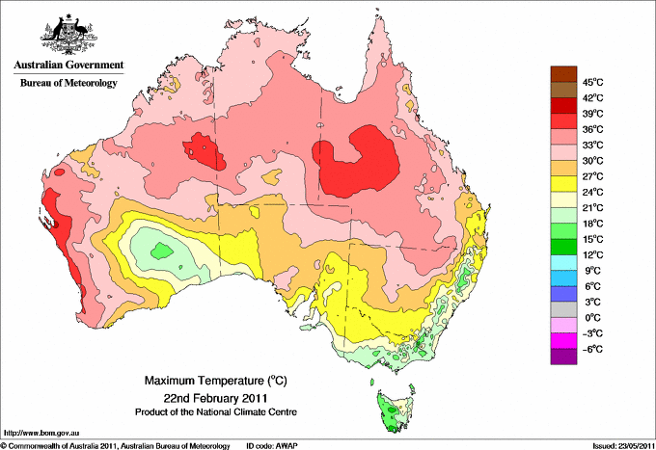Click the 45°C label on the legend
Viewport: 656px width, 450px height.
tap(591, 81)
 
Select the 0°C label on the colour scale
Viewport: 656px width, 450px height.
tap(589, 317)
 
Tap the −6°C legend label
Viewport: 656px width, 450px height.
tap(590, 349)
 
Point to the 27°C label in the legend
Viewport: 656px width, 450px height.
tap(591, 175)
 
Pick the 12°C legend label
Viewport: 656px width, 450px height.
tap(591, 254)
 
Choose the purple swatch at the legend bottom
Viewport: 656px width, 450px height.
tap(561, 357)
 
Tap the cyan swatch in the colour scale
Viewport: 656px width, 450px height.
tap(561, 262)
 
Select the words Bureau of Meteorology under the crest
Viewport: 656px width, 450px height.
tap(68, 84)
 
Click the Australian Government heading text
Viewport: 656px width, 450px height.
tap(68, 66)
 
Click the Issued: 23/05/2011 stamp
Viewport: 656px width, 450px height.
tap(617, 445)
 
